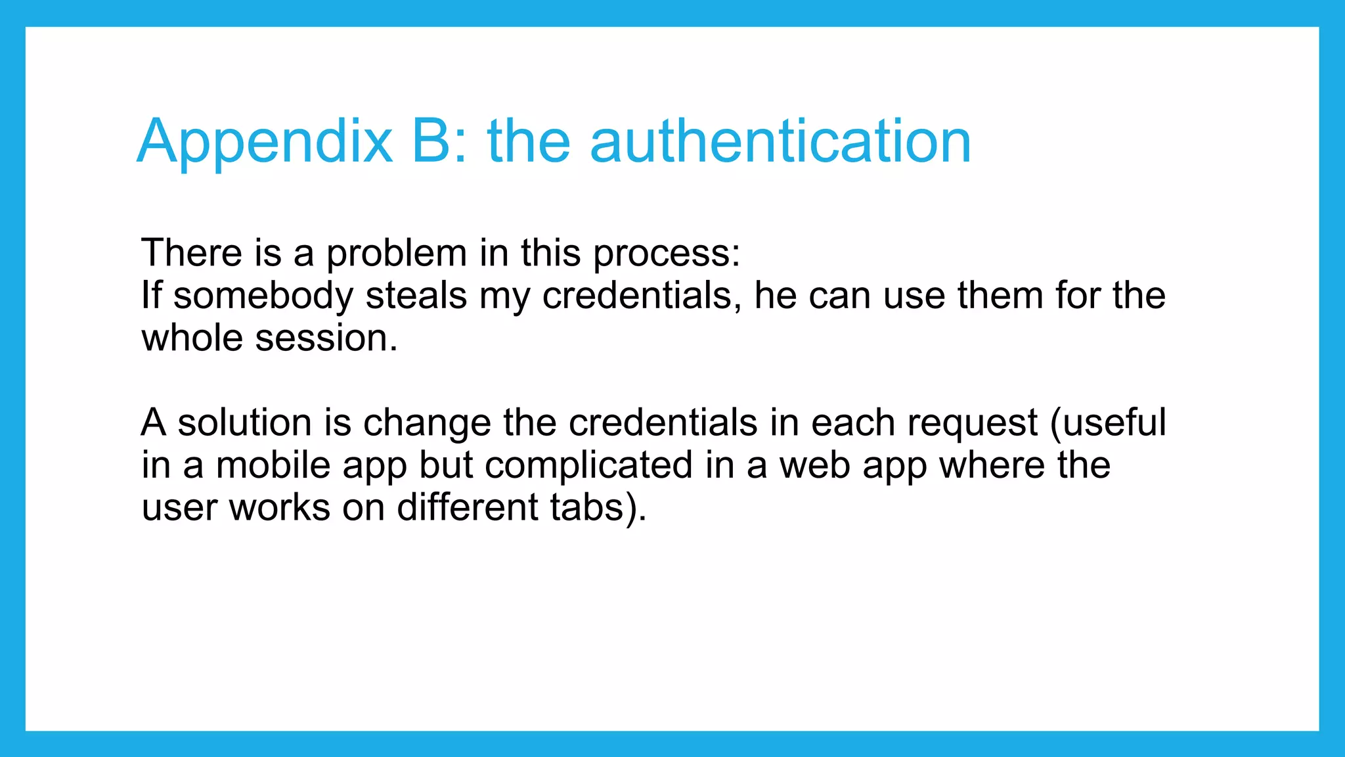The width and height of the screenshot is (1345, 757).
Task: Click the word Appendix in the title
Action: click(x=265, y=141)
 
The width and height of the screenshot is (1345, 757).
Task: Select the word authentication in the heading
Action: click(x=780, y=141)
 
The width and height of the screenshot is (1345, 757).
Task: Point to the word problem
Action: click(x=396, y=254)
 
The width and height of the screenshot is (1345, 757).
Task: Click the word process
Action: click(x=666, y=254)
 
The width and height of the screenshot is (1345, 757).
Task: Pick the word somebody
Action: click(x=263, y=296)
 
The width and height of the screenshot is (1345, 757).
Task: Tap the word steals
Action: click(x=416, y=296)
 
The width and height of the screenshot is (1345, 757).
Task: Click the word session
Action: click(x=326, y=338)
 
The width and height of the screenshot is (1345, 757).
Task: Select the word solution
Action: click(x=244, y=423)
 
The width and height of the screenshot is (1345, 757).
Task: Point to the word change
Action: click(x=427, y=423)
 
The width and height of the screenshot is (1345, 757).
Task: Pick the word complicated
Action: click(x=589, y=465)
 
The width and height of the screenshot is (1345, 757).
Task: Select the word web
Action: click(x=814, y=465)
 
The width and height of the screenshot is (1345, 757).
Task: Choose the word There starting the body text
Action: click(x=192, y=254)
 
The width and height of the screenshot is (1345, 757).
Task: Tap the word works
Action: click(x=279, y=508)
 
